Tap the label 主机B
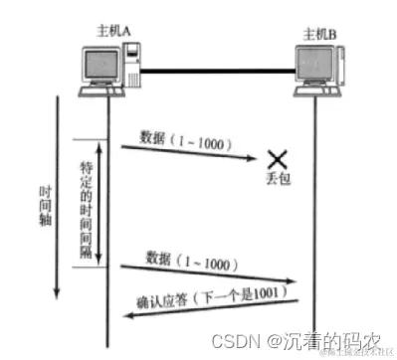(321, 32)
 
